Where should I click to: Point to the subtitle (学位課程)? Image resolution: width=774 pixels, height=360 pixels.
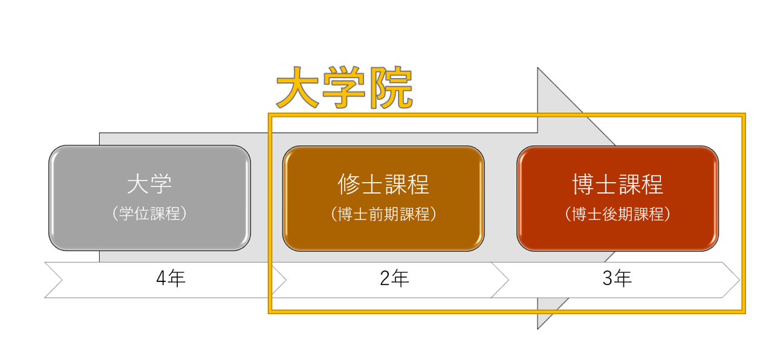coord(149,214)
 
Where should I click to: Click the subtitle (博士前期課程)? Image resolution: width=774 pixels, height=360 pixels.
coord(383,214)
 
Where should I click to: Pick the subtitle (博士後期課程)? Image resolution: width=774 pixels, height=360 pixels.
coord(617,214)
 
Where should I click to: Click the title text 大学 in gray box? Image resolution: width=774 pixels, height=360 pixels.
coord(149,184)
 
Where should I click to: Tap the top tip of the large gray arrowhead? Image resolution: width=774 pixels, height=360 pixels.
coord(538,69)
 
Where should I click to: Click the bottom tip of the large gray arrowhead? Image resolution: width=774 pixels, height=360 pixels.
coord(538,328)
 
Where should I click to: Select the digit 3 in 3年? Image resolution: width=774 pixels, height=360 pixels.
coord(608,279)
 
